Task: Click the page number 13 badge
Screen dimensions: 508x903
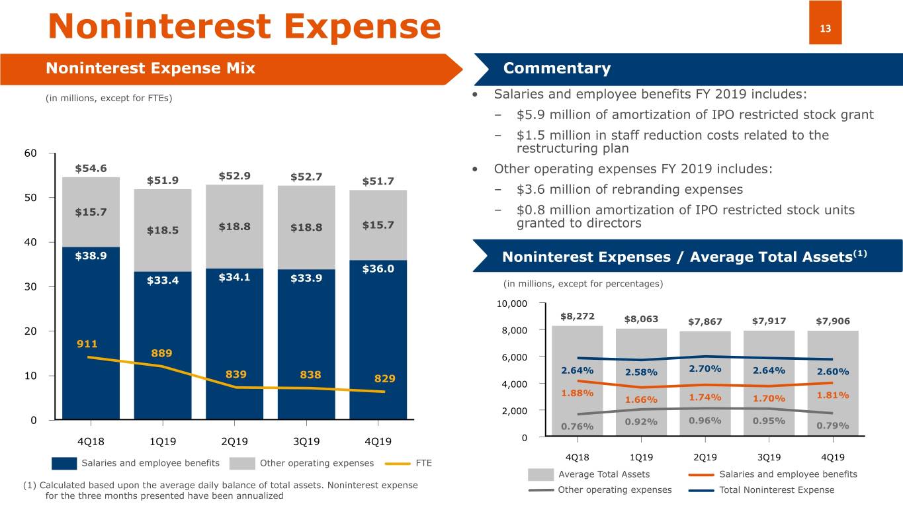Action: click(825, 29)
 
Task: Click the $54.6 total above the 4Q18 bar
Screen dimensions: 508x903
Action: click(91, 168)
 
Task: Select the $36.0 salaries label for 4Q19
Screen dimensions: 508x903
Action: click(378, 269)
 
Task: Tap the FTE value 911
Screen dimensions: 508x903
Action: click(87, 344)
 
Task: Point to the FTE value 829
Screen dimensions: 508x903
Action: click(384, 379)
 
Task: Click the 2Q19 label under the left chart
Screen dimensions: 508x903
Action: click(234, 441)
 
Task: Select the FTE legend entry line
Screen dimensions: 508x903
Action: click(396, 463)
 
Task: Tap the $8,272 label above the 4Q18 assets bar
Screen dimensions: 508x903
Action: click(577, 317)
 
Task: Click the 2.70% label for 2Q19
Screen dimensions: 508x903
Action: click(705, 368)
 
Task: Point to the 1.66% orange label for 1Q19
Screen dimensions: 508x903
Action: click(641, 400)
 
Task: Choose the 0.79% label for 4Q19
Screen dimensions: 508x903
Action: click(832, 425)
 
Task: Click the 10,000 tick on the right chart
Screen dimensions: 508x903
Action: click(512, 304)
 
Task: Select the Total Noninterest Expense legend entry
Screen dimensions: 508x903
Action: click(776, 490)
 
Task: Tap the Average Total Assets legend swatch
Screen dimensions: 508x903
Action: click(540, 474)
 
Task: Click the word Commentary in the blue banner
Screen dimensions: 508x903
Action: click(557, 69)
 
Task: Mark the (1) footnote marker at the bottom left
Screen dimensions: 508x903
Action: click(30, 486)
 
